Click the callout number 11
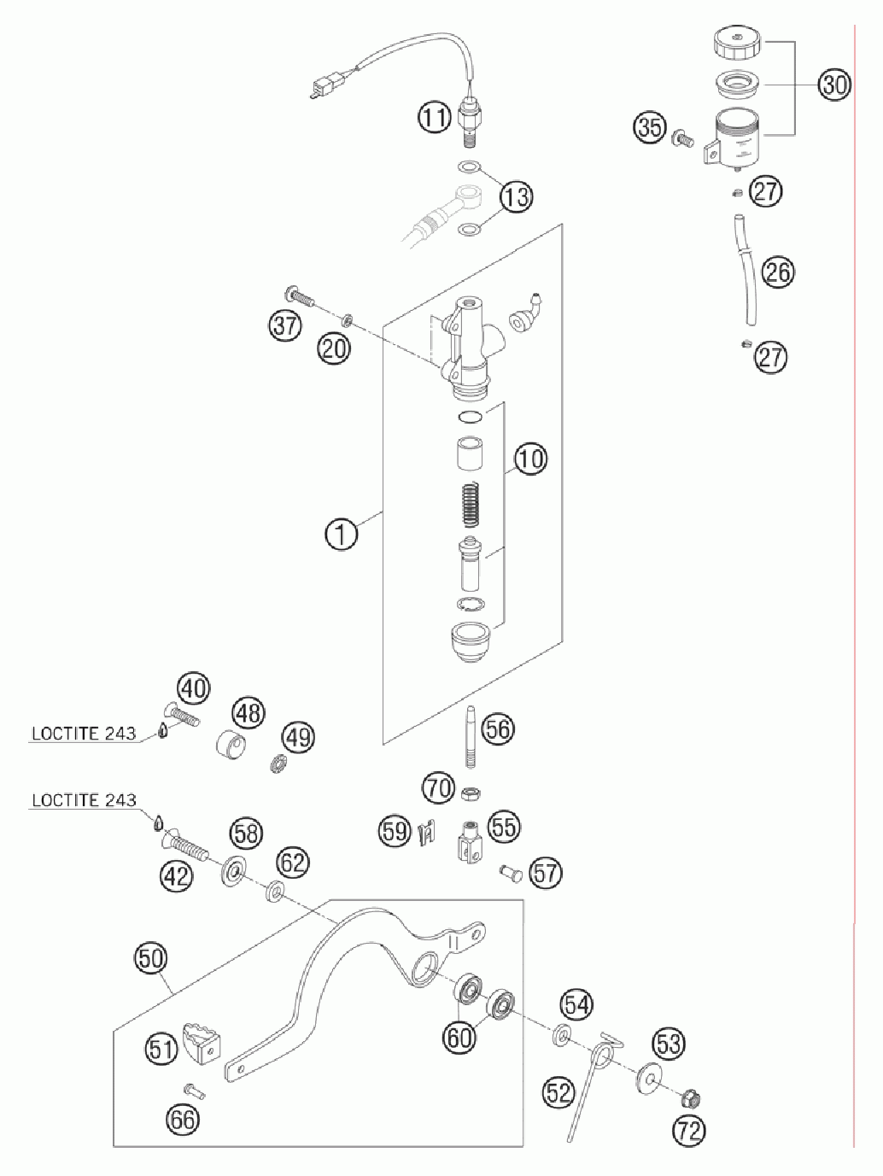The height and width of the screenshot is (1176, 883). (x=435, y=117)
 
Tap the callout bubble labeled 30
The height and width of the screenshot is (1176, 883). (x=834, y=85)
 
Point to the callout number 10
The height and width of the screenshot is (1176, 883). (x=531, y=459)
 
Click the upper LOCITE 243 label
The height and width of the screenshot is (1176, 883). (x=84, y=733)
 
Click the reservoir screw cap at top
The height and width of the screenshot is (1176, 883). (x=737, y=45)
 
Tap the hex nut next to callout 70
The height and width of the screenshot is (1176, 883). (x=471, y=792)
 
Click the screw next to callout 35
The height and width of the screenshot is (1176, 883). (x=681, y=138)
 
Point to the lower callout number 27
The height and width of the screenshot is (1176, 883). (x=771, y=356)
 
